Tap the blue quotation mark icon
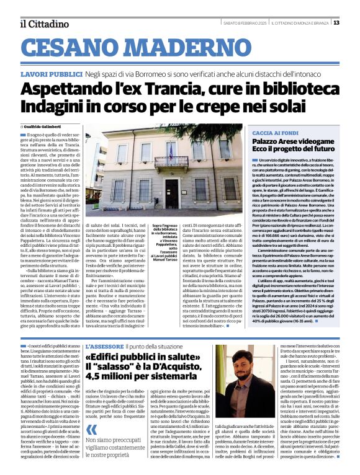click(91, 429)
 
